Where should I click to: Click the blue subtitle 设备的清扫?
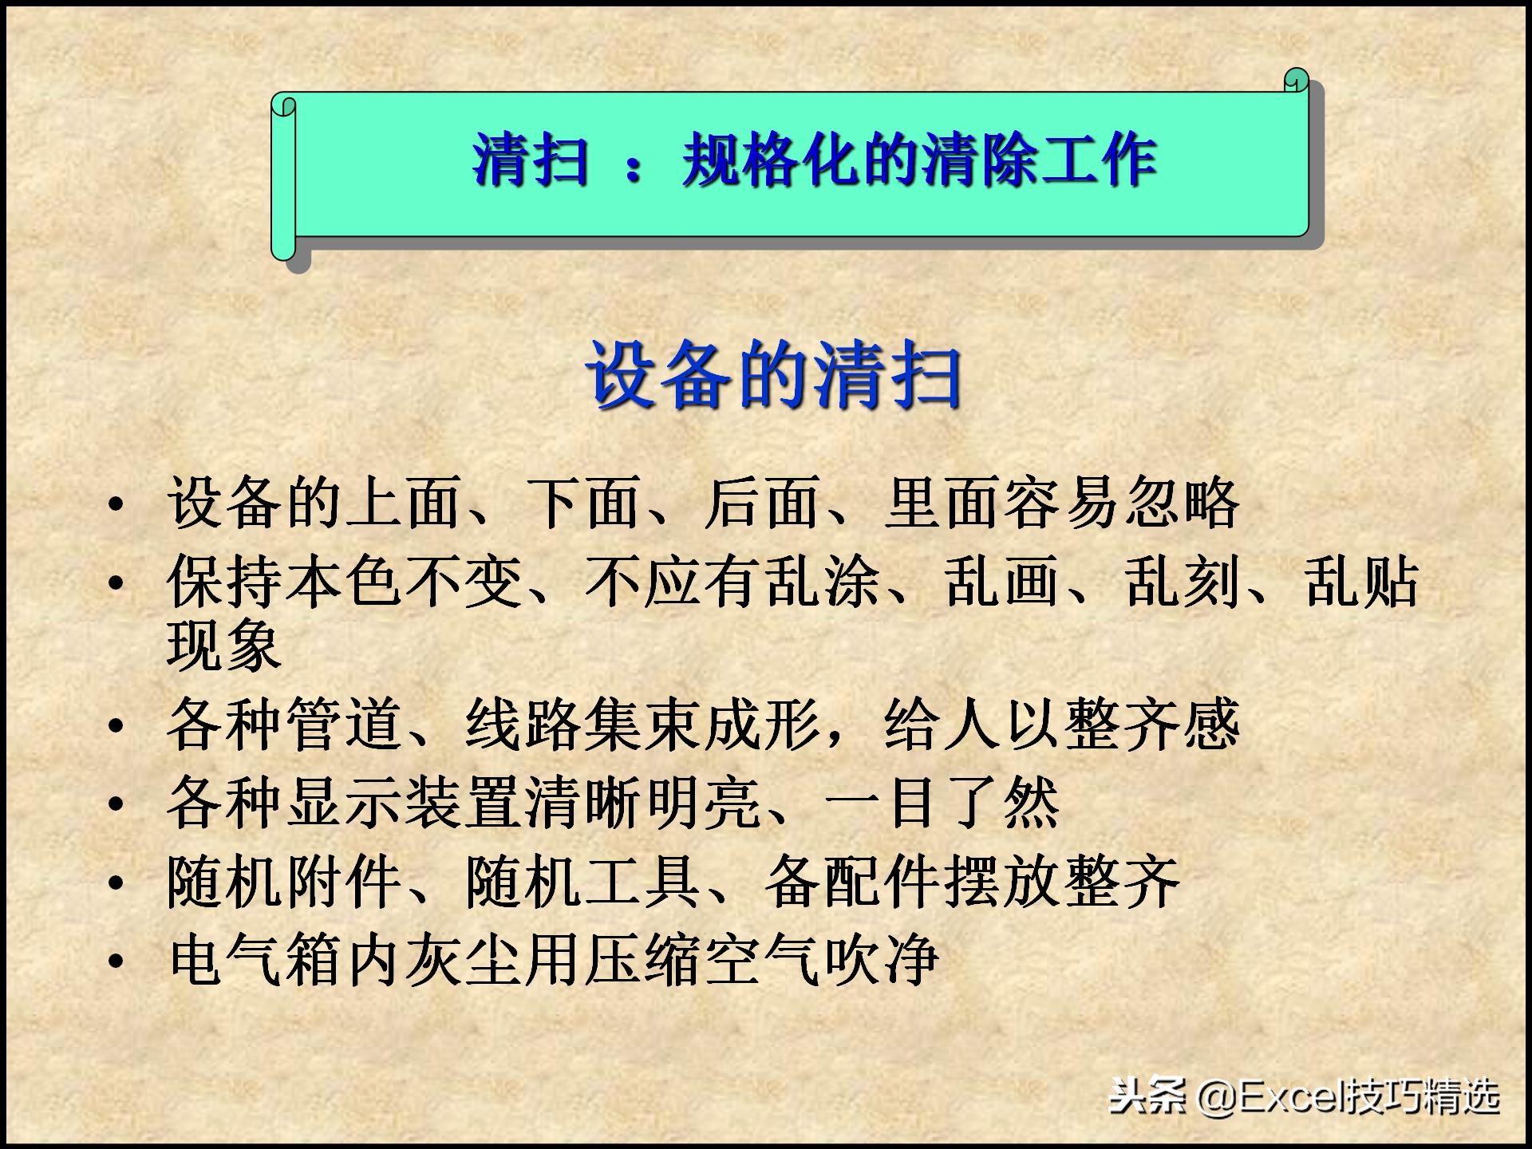pos(774,375)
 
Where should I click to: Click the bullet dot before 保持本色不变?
pos(116,583)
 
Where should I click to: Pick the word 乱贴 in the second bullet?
pos(1361,582)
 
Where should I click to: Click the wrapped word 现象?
pos(224,645)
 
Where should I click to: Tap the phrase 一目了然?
pos(942,803)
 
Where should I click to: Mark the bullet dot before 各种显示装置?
pos(116,804)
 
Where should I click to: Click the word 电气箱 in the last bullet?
pos(255,958)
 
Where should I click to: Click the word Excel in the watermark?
pos(1289,1098)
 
